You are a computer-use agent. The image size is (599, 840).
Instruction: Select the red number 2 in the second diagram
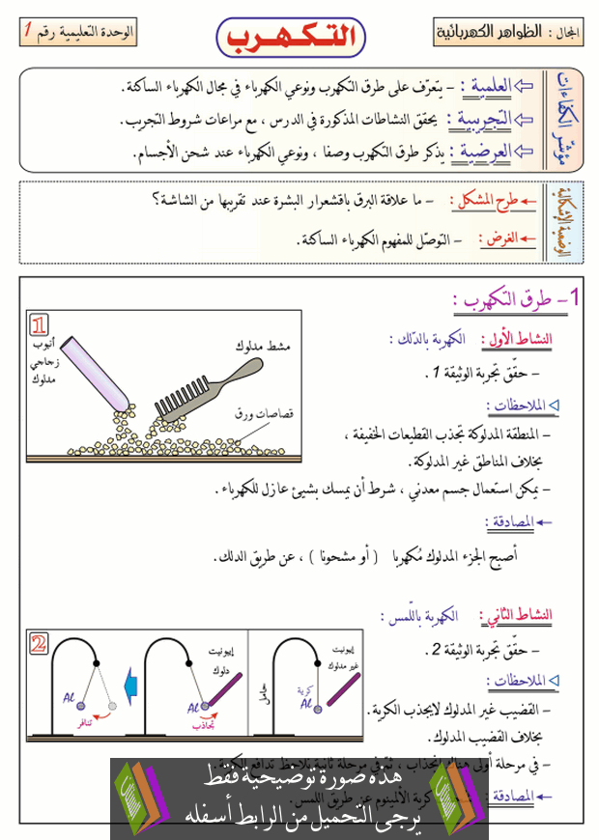tap(39, 643)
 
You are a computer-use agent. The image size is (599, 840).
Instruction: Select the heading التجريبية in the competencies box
tap(488, 120)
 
